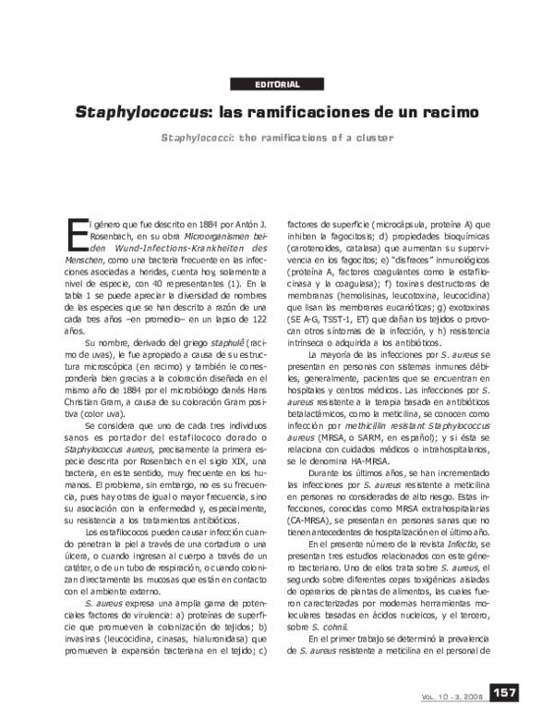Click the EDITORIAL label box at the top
(x=276, y=85)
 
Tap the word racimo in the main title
(x=448, y=114)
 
